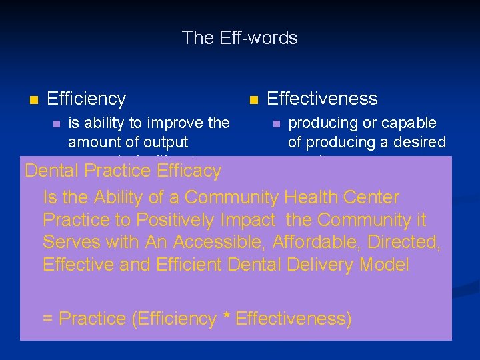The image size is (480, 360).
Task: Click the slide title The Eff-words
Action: (239, 38)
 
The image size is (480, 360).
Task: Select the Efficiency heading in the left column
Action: (86, 99)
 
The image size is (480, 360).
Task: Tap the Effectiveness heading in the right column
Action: (321, 99)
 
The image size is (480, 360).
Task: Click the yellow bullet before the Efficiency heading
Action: (33, 100)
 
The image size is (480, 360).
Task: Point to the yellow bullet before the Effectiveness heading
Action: (253, 100)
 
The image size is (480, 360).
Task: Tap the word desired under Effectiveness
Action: (419, 142)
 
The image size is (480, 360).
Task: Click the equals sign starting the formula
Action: (48, 319)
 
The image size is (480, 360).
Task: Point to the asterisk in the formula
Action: (227, 317)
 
